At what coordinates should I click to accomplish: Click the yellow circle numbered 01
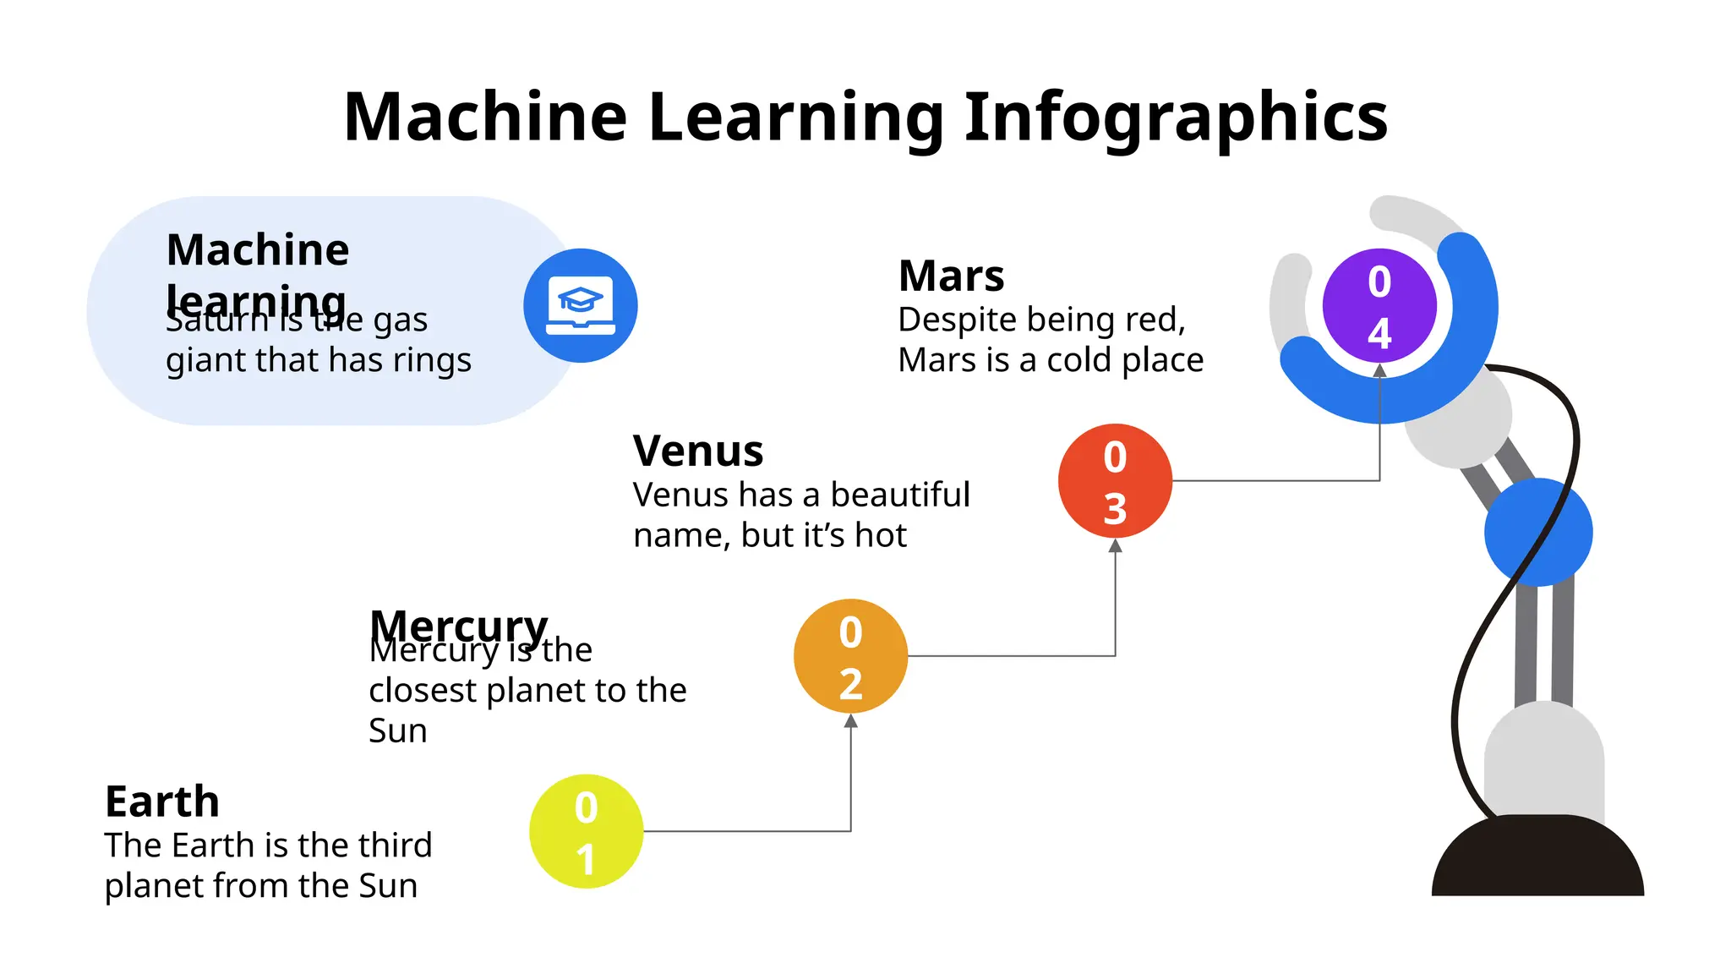586,831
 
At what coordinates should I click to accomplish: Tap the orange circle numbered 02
850,656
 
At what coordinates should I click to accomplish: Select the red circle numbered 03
1115,480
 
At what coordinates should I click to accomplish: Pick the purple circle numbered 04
1379,305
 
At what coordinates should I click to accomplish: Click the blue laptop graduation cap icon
581,305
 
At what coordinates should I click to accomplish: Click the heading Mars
951,276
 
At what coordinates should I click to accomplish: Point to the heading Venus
698,451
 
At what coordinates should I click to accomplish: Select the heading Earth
162,801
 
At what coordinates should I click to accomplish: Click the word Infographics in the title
1176,116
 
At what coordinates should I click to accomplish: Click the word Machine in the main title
485,116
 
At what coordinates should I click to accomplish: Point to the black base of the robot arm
1537,858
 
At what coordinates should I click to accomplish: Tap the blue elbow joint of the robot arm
1538,532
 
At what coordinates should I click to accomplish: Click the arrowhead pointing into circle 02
850,721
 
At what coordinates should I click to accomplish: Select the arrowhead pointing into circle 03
1115,546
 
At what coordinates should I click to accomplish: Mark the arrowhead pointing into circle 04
1379,370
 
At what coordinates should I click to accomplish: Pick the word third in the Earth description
395,845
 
